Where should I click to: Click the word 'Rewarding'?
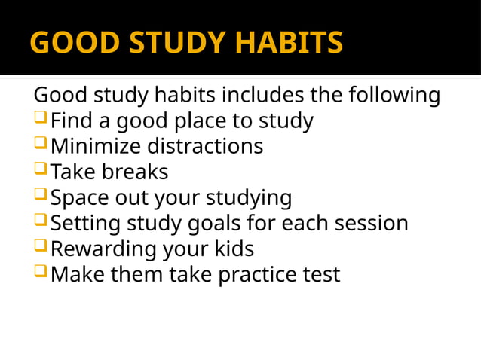[x=103, y=249]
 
